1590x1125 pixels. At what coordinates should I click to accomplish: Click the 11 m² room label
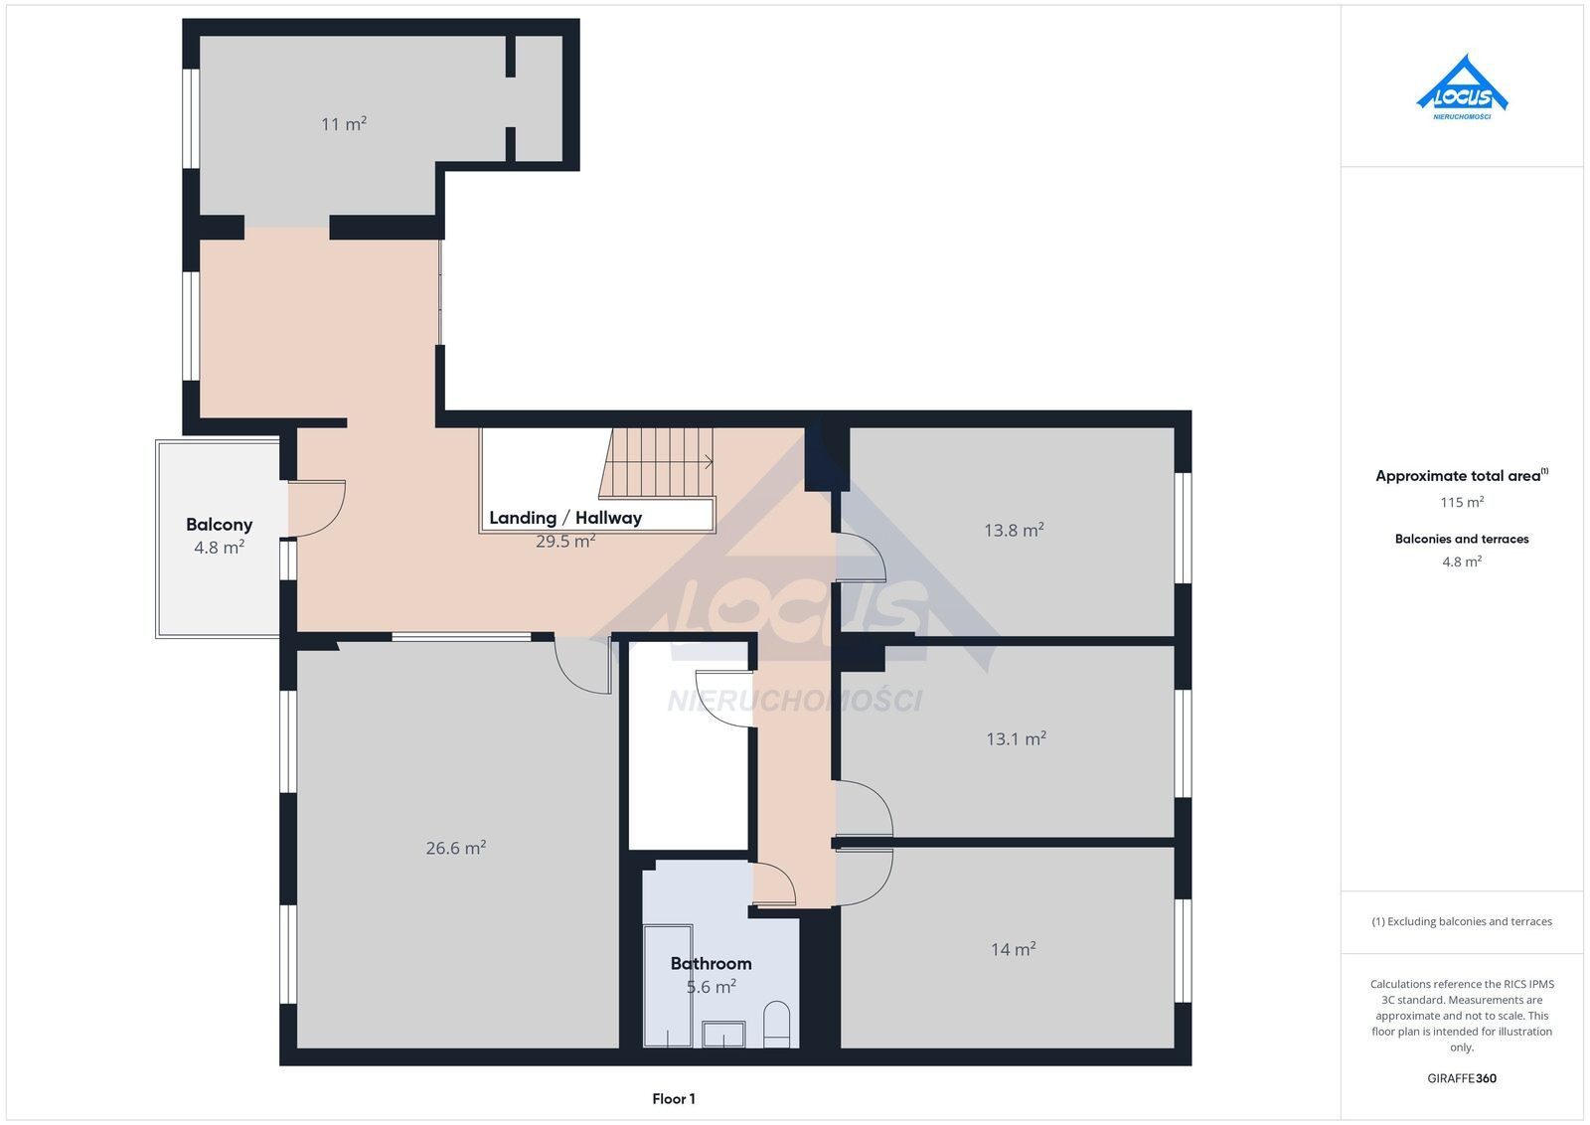344,124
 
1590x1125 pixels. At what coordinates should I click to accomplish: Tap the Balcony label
220,525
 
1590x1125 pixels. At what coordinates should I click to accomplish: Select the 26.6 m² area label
456,848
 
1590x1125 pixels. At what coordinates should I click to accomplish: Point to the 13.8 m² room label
1014,531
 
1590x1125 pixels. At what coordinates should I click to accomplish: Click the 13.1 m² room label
1016,738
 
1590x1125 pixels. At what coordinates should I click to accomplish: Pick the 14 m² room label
1013,949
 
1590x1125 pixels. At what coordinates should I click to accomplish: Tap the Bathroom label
712,963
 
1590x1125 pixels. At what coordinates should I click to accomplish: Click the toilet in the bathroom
776,1025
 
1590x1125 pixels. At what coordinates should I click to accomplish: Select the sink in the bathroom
723,1035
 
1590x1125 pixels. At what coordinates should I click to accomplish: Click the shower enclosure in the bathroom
668,985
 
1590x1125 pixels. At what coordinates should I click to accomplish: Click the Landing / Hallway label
565,518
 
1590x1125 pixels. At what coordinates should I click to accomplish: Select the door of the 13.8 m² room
861,558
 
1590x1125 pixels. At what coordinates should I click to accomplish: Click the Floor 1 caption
674,1099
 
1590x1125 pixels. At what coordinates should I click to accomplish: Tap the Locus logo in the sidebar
1462,87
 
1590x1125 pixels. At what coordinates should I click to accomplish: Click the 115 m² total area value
1462,503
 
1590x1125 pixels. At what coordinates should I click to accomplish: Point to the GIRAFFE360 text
1462,1078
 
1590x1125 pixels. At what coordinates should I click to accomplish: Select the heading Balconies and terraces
1462,539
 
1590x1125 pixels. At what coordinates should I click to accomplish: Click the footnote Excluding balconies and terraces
1462,921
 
